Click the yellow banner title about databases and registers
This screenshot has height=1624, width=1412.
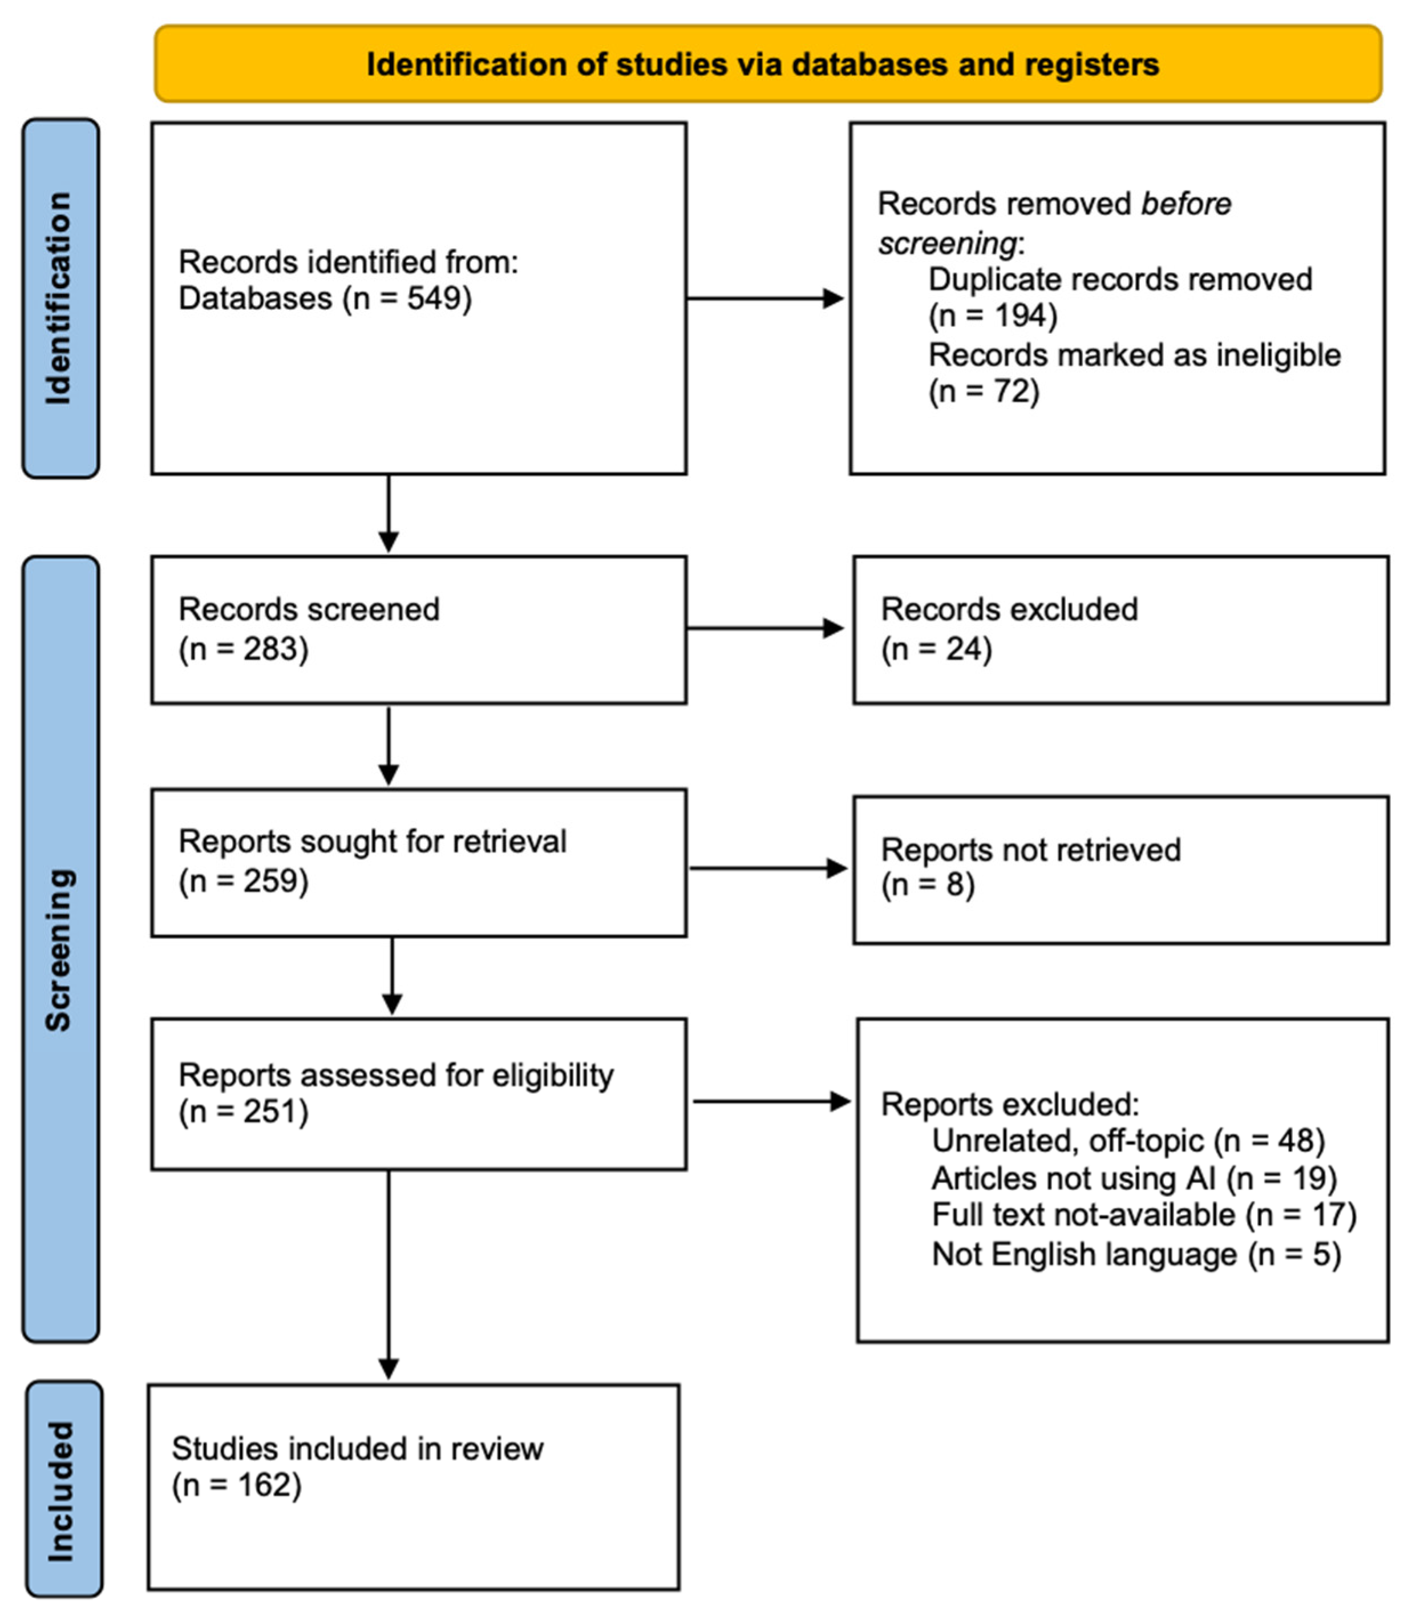click(x=763, y=64)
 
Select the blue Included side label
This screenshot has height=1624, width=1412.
click(x=62, y=1490)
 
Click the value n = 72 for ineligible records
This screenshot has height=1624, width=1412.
click(x=984, y=391)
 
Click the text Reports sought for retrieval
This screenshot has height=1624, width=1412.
click(x=372, y=842)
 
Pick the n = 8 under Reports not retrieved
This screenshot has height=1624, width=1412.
click(x=928, y=884)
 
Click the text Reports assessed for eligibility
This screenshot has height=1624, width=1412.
click(x=395, y=1075)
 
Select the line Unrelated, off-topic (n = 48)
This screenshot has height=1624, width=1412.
click(x=1128, y=1140)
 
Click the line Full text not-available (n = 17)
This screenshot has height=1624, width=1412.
click(x=1143, y=1214)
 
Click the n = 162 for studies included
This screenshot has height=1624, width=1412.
click(x=236, y=1485)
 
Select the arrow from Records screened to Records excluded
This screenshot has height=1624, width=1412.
click(x=764, y=628)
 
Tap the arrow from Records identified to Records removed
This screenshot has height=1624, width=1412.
click(x=764, y=298)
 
